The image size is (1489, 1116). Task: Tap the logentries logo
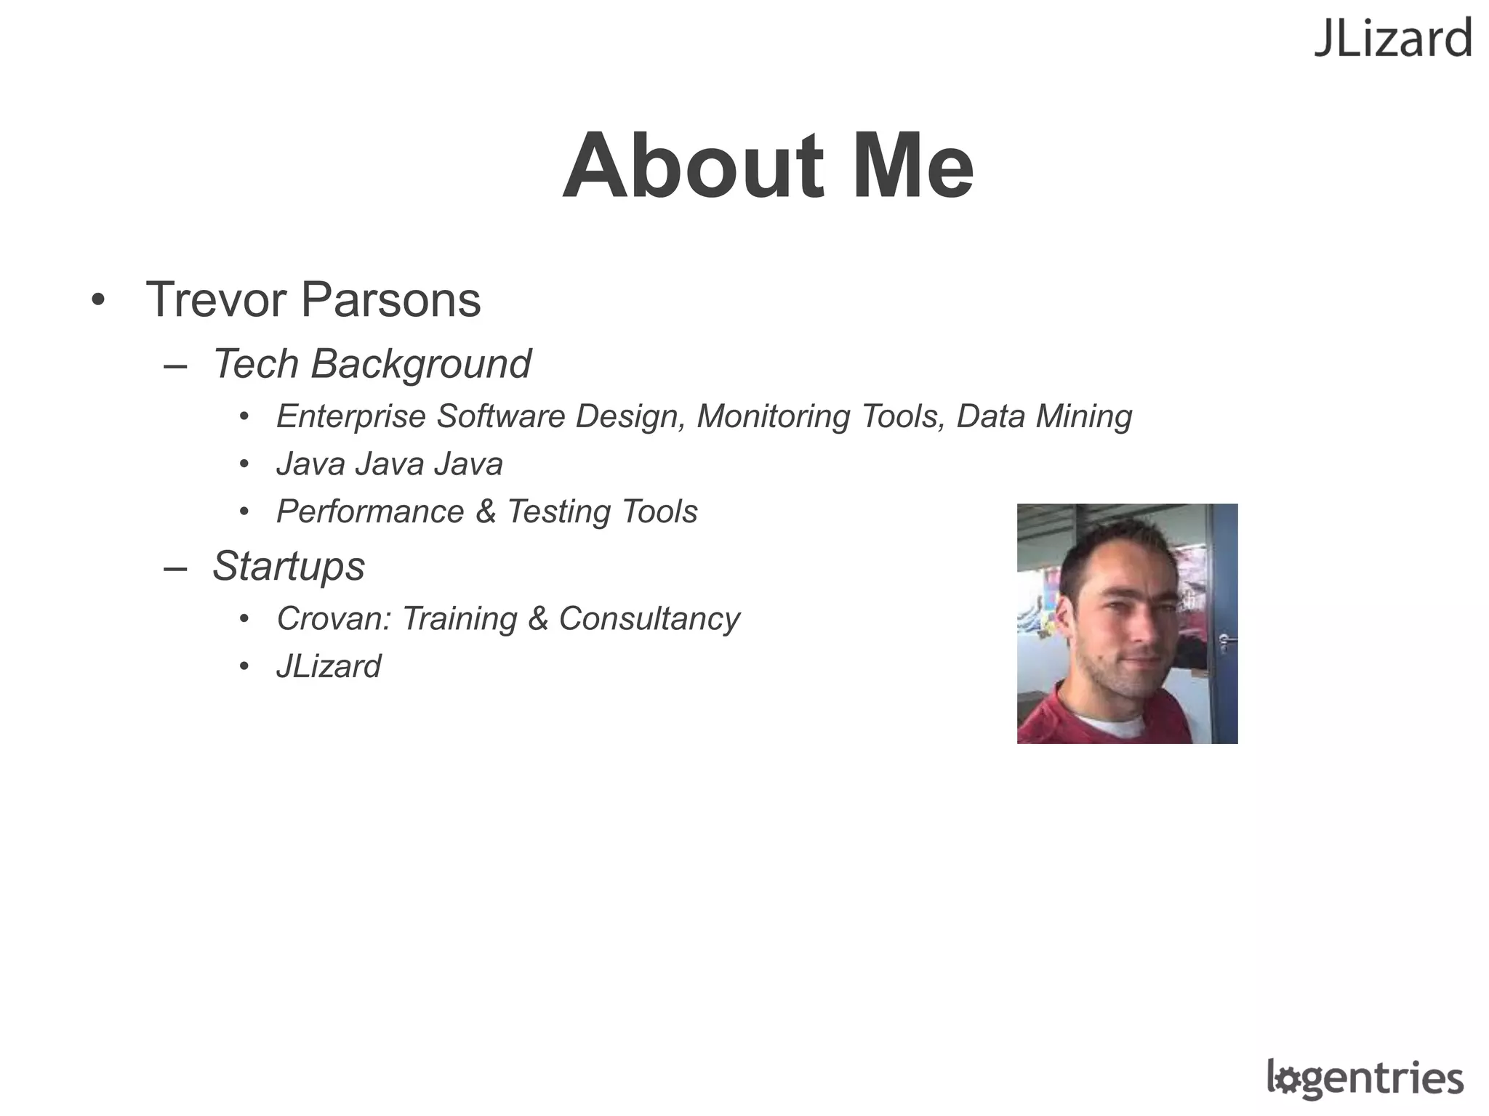(x=1365, y=1078)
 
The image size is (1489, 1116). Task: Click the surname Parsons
(x=390, y=299)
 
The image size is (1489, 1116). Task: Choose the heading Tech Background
(x=372, y=363)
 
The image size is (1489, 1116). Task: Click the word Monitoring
(x=772, y=417)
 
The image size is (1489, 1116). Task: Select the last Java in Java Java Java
(x=468, y=464)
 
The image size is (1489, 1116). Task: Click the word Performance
(x=370, y=511)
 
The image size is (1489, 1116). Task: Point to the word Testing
(x=558, y=512)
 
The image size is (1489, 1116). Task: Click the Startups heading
(x=289, y=566)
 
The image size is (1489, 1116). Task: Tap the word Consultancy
(x=649, y=619)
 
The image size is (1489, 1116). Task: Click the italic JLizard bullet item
(x=329, y=666)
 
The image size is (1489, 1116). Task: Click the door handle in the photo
(x=1225, y=640)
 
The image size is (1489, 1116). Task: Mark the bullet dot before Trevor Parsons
(x=98, y=299)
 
